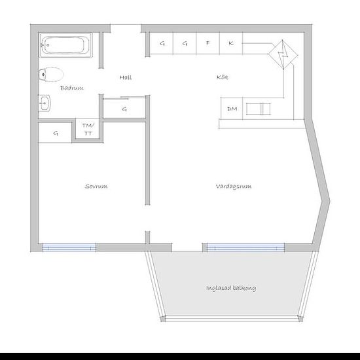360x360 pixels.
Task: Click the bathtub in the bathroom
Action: click(x=66, y=45)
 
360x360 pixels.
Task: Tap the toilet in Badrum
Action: click(x=51, y=75)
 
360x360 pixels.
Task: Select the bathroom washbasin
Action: click(x=45, y=103)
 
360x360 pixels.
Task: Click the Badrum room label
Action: click(x=72, y=88)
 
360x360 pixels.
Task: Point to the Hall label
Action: click(x=126, y=77)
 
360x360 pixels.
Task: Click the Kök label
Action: click(x=223, y=77)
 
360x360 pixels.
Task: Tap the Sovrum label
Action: click(x=96, y=186)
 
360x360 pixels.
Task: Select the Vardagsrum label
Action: click(x=234, y=187)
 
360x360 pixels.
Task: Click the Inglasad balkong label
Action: click(x=231, y=288)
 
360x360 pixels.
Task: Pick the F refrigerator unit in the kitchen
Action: click(x=207, y=43)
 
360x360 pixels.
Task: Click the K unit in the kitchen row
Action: click(x=231, y=43)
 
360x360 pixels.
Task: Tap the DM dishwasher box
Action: click(x=232, y=109)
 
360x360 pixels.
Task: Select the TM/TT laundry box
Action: click(x=88, y=129)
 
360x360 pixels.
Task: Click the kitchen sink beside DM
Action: click(x=259, y=109)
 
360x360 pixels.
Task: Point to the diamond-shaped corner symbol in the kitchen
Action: click(x=283, y=55)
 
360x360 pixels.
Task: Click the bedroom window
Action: click(x=69, y=247)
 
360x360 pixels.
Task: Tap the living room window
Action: click(x=245, y=247)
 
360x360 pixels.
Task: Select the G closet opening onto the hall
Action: click(x=124, y=109)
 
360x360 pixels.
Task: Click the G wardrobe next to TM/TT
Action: click(x=55, y=133)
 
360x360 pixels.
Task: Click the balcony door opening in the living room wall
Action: click(x=187, y=247)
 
